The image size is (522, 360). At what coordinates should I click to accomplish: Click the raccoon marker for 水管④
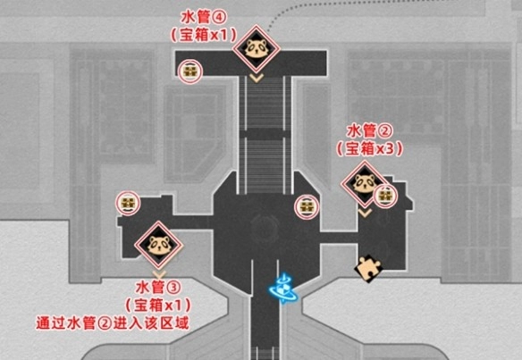pos(257,48)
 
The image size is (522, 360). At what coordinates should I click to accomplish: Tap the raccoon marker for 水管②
pos(364,184)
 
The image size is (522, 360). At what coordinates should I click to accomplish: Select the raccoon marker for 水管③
pos(159,245)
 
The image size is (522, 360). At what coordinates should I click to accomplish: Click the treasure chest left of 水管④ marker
pos(190,71)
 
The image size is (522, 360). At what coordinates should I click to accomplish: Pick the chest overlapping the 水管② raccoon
pos(386,196)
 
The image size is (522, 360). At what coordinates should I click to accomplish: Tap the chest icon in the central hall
pos(307,207)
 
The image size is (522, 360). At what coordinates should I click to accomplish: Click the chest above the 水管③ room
pos(128,203)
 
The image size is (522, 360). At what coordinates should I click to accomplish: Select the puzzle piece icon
pos(368,269)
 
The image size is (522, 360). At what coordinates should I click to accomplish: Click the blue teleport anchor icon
pos(283,289)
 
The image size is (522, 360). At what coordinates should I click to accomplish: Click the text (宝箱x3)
pos(369,148)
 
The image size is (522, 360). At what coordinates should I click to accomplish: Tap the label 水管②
pos(370,130)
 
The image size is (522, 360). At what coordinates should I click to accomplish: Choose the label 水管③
pos(158,288)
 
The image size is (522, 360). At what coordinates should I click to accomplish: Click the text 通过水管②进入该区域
pos(113,323)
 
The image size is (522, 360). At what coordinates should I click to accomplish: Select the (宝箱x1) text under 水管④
pos(204,35)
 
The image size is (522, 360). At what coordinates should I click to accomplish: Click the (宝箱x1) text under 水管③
pos(158,305)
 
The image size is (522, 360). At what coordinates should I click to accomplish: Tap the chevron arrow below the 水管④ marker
pos(257,79)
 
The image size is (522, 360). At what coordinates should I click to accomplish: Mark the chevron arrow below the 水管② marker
pos(365,213)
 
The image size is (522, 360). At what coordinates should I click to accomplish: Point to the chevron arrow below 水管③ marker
pos(159,274)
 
